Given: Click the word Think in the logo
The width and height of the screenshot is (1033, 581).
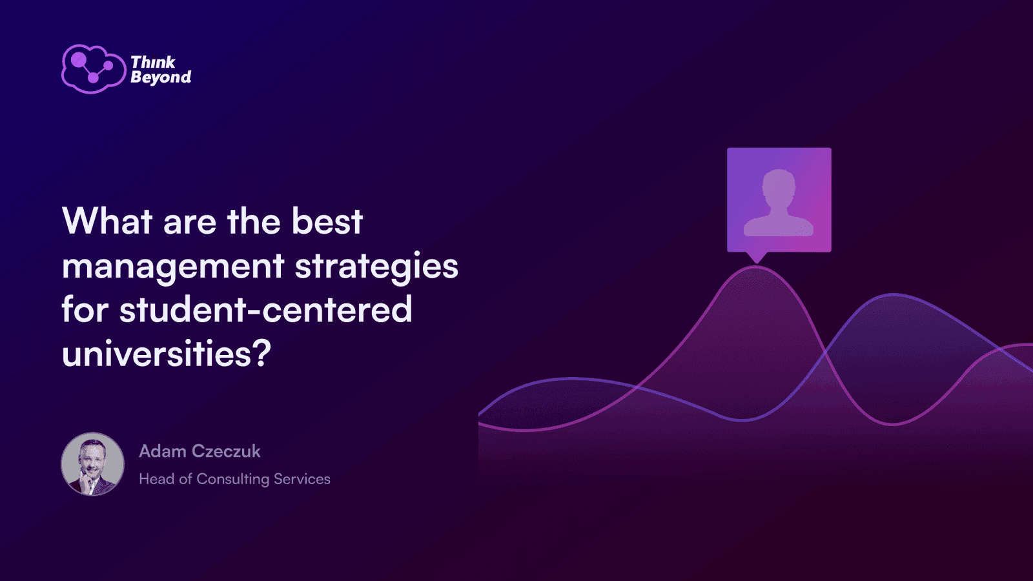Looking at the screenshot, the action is pyautogui.click(x=152, y=62).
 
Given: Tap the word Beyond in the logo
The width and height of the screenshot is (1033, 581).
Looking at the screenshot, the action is pyautogui.click(x=161, y=77).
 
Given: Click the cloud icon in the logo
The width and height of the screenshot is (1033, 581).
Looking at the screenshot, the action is pyautogui.click(x=94, y=68).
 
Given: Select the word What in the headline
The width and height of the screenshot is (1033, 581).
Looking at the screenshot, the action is pyautogui.click(x=107, y=221).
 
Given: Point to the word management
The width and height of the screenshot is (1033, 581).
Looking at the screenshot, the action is pyautogui.click(x=172, y=267).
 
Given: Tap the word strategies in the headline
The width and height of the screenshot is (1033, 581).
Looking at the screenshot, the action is pyautogui.click(x=376, y=267).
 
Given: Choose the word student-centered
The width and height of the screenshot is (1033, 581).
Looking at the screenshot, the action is pyautogui.click(x=266, y=309).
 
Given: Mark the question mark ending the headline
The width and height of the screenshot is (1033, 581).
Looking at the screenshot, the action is pyautogui.click(x=262, y=352).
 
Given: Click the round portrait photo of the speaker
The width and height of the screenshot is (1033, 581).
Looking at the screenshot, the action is pyautogui.click(x=93, y=464).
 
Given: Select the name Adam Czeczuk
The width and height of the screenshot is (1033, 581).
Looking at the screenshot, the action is pyautogui.click(x=199, y=451).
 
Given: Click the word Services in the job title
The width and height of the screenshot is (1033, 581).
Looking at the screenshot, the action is pyautogui.click(x=302, y=479).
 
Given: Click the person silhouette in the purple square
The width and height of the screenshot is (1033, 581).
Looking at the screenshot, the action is pyautogui.click(x=779, y=203).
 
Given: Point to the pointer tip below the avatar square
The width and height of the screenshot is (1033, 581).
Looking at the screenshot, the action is pyautogui.click(x=757, y=263).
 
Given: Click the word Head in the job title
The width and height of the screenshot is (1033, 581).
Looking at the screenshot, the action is pyautogui.click(x=157, y=479).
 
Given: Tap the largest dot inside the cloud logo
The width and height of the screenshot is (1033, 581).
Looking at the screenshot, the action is pyautogui.click(x=79, y=59).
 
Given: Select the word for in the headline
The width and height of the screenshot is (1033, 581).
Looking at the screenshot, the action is pyautogui.click(x=85, y=309).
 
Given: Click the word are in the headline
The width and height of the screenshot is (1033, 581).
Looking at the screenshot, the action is pyautogui.click(x=190, y=223).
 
